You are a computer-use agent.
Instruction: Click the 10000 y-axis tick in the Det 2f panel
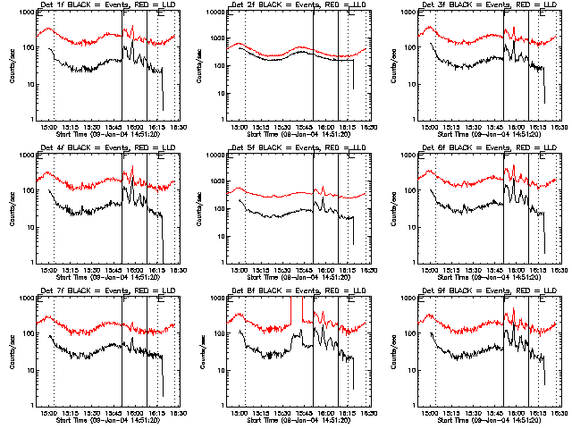pos(214,14)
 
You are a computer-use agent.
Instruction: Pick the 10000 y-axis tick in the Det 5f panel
pos(214,156)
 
